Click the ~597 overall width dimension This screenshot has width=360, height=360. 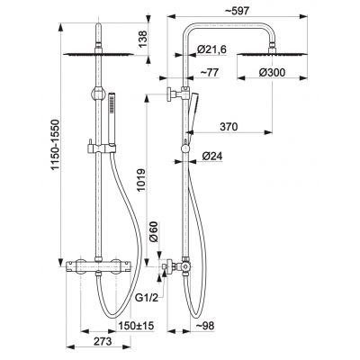coord(237,11)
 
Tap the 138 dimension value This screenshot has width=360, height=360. coord(143,39)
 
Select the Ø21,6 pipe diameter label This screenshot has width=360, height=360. coord(211,49)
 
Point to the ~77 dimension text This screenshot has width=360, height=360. coord(209,72)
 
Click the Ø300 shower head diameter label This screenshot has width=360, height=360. coord(273,72)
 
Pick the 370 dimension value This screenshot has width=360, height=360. coord(229,127)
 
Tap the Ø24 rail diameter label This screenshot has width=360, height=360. coord(212,156)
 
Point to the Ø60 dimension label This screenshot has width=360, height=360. coord(154,231)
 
